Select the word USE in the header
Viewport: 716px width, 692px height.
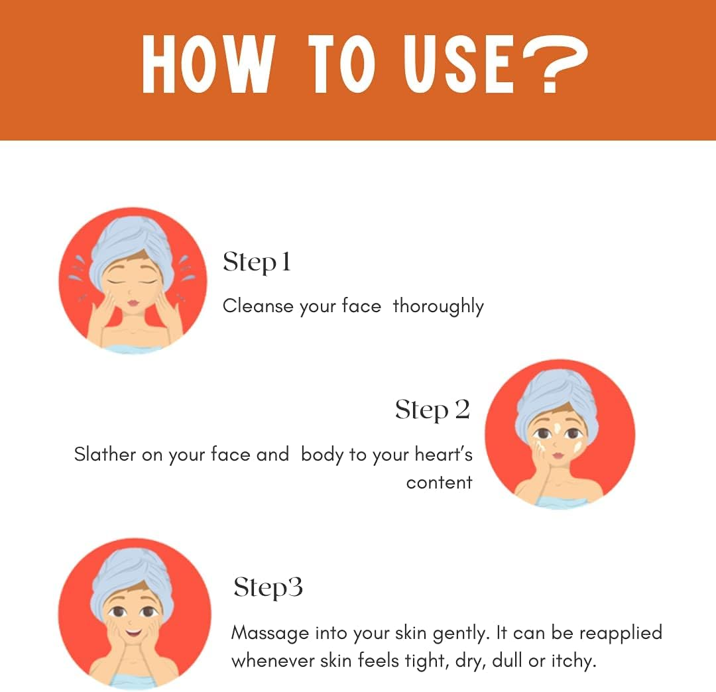(x=459, y=64)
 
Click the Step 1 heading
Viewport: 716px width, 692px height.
(x=257, y=262)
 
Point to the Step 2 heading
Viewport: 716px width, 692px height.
(x=432, y=410)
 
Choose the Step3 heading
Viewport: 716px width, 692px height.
(x=268, y=587)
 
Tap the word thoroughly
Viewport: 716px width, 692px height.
(x=438, y=306)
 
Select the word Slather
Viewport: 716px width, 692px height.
(x=105, y=454)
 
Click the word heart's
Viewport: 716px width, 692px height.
(x=444, y=454)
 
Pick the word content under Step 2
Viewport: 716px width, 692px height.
(x=440, y=483)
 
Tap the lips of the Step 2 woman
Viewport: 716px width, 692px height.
(x=559, y=455)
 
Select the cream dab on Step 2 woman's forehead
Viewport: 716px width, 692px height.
(x=557, y=429)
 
